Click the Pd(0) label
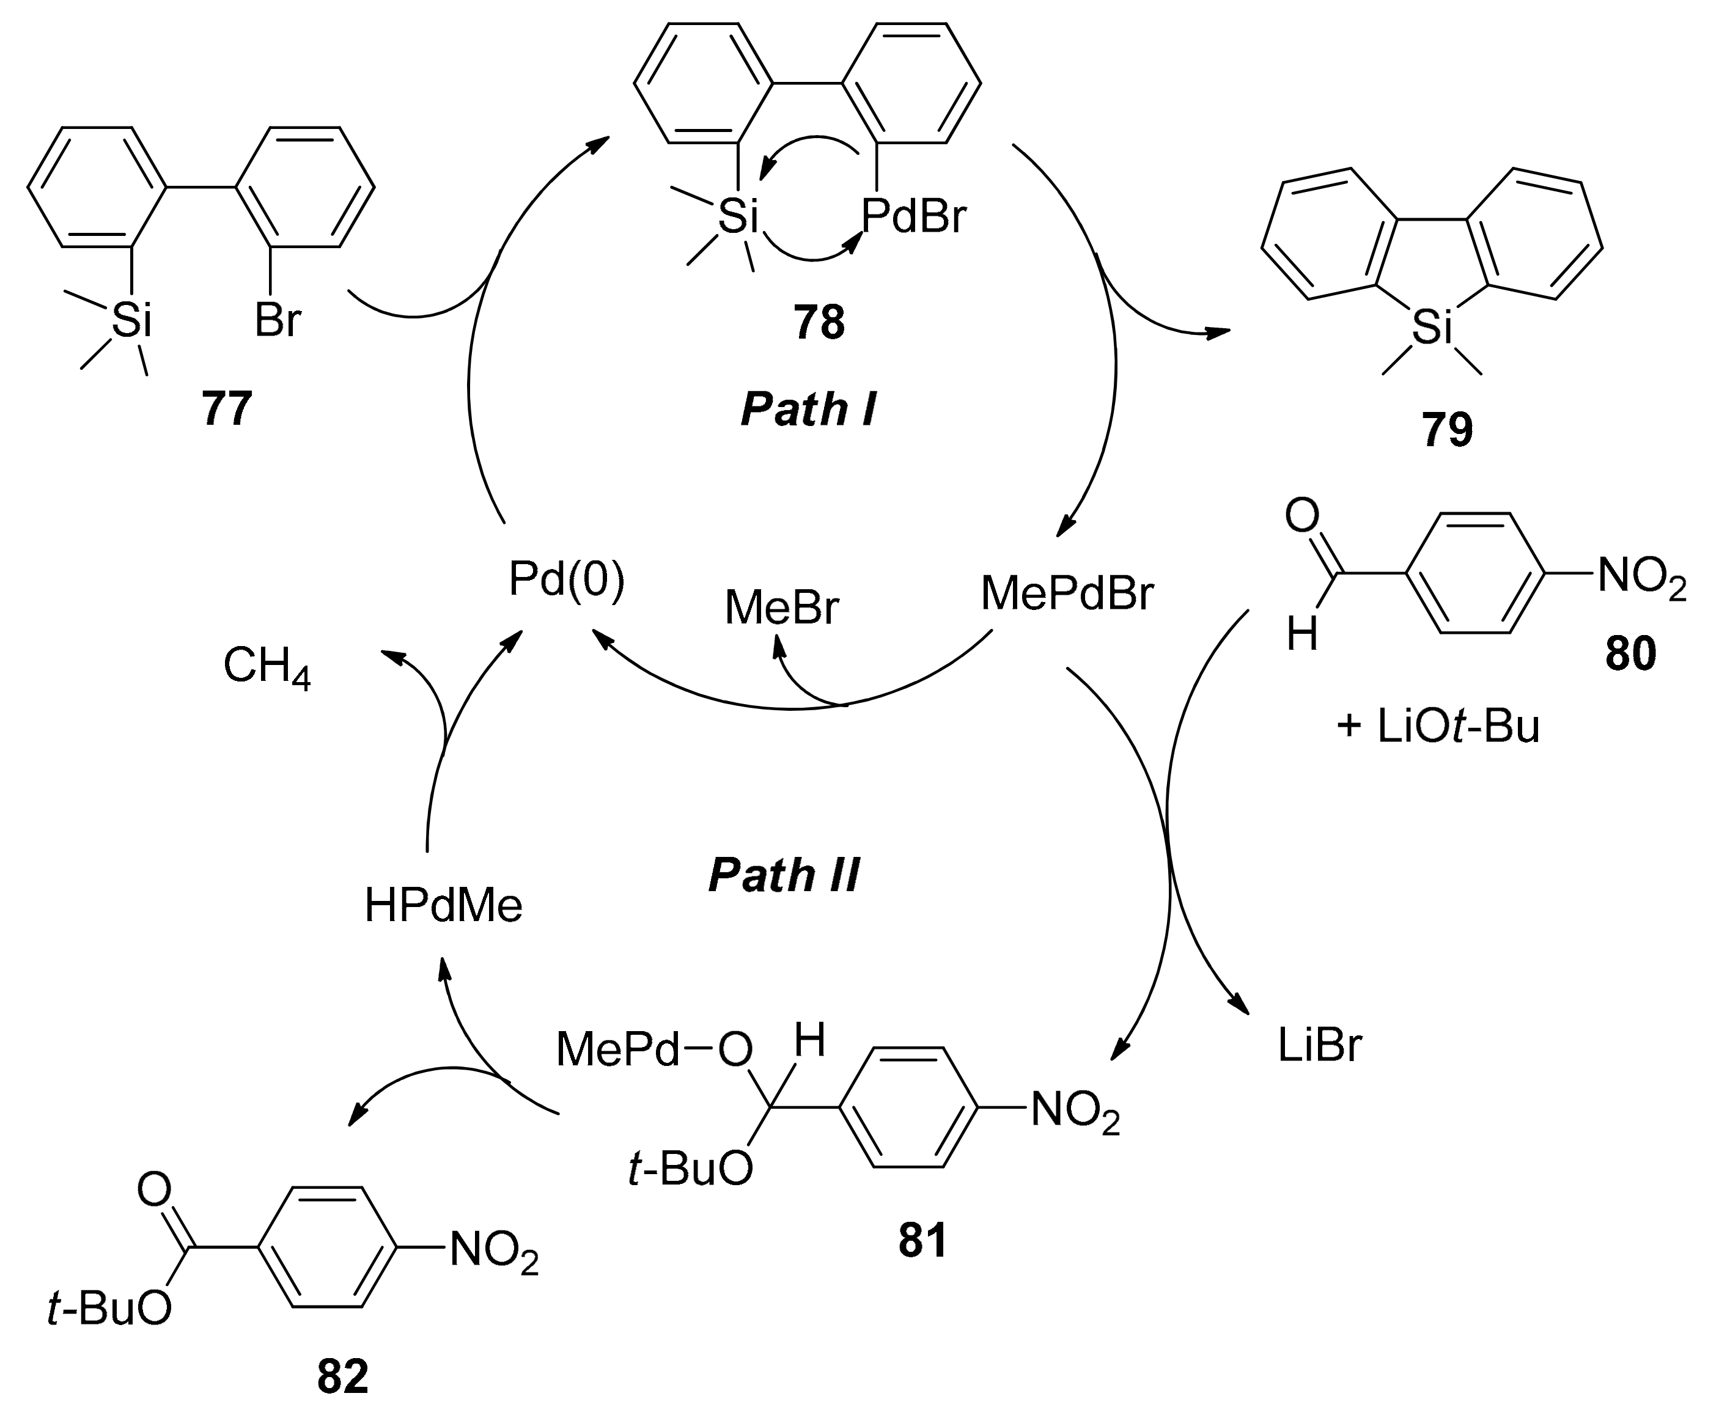[566, 581]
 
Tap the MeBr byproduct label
[781, 609]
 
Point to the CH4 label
[267, 667]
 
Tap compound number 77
[226, 408]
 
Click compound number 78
[819, 323]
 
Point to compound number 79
[1447, 430]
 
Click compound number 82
[342, 1377]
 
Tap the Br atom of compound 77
[277, 320]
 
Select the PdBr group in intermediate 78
[913, 217]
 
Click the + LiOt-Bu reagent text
[1437, 726]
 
